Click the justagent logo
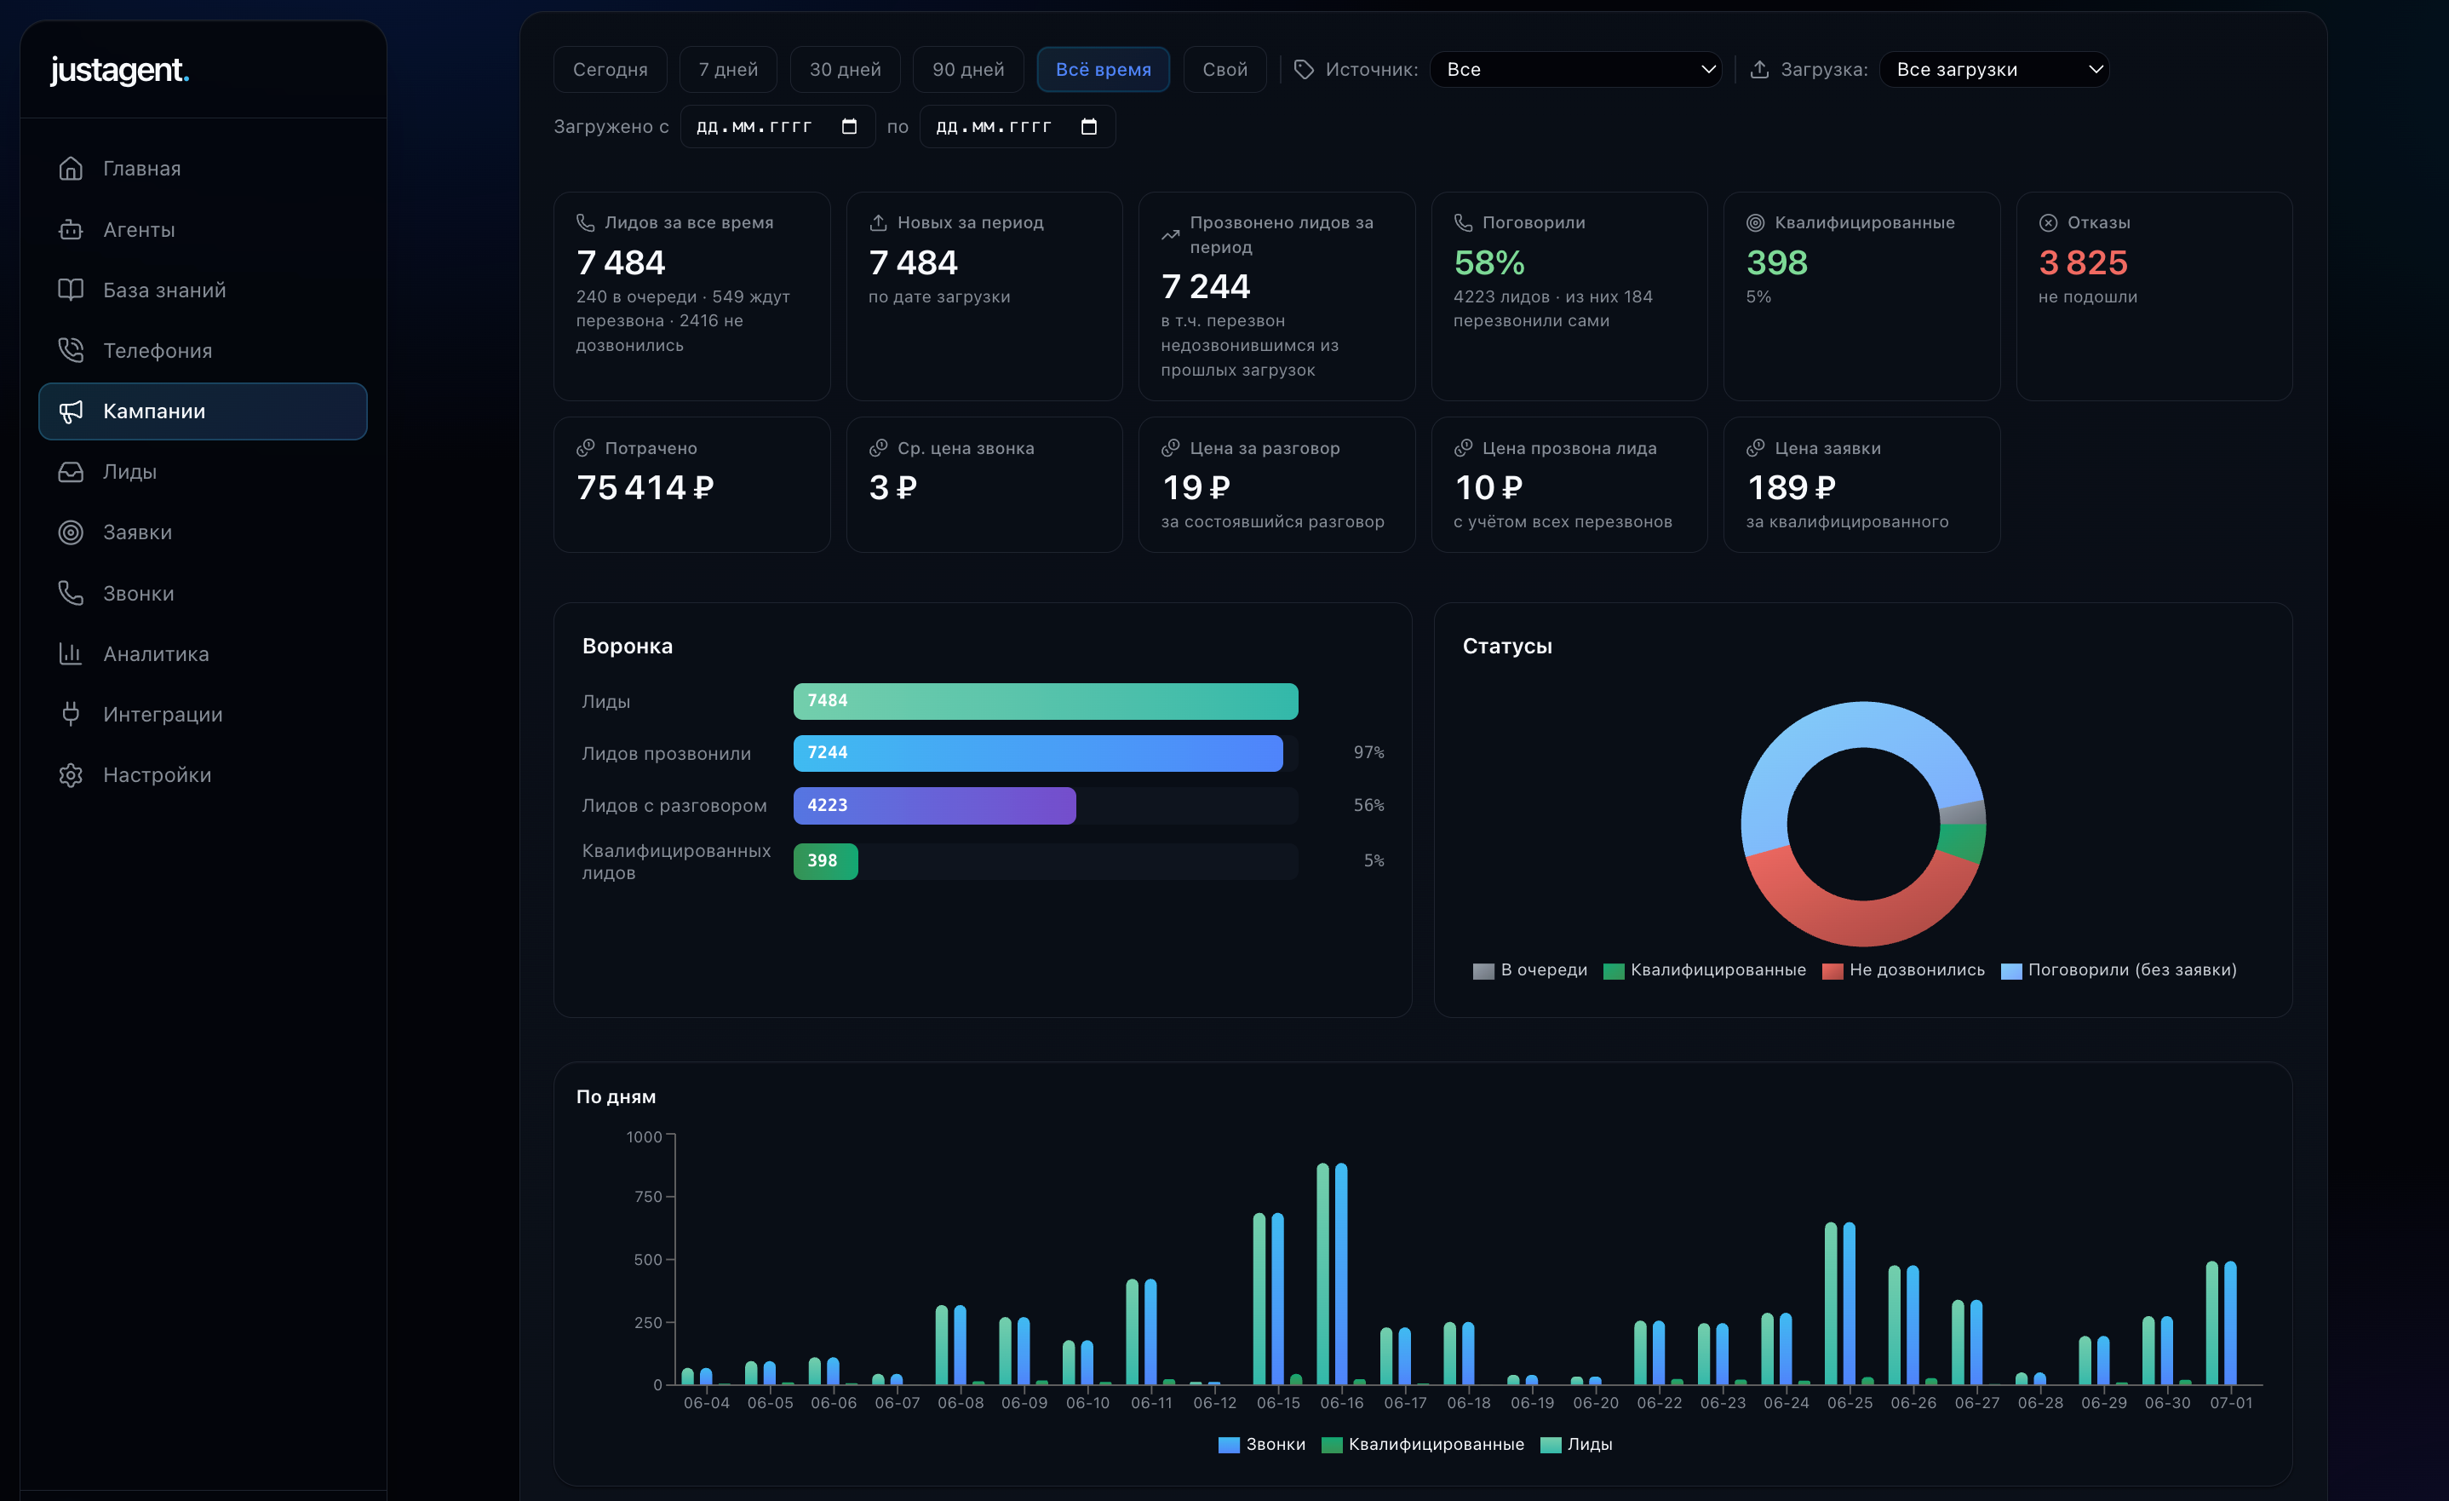point(119,71)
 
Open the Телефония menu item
point(157,351)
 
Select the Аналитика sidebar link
point(156,654)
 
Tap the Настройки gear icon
point(71,775)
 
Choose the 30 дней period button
point(845,70)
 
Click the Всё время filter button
point(1104,70)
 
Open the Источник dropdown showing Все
point(1575,70)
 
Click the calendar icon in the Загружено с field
point(849,126)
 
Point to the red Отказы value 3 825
point(2083,262)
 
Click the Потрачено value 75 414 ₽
point(645,487)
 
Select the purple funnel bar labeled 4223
point(934,805)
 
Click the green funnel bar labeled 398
point(825,861)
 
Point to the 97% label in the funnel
point(1368,752)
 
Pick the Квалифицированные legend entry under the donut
point(1705,970)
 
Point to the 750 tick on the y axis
point(648,1197)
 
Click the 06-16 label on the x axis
point(1342,1402)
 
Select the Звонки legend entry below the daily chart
point(1262,1444)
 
